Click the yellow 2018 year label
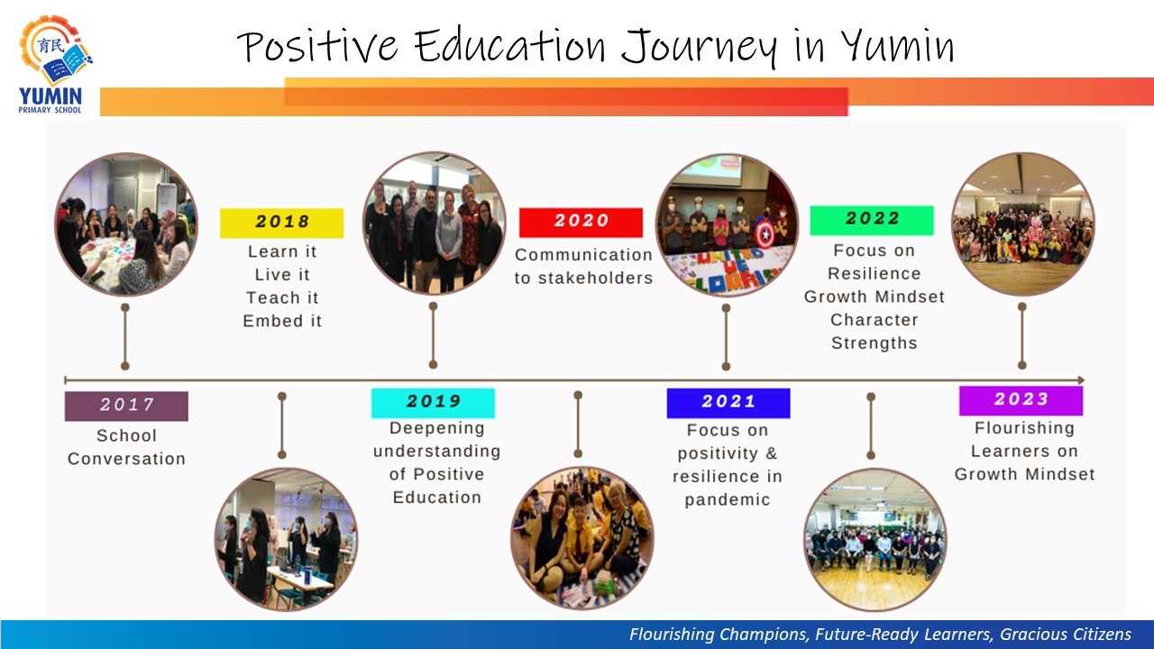tap(282, 223)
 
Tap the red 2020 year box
tap(582, 223)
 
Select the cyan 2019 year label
tap(433, 403)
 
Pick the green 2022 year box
tap(872, 221)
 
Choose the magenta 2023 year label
tap(1021, 401)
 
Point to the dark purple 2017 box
tap(126, 406)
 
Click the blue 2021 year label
tap(728, 403)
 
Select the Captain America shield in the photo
tap(765, 235)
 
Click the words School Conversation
tap(127, 447)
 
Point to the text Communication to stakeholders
tap(583, 266)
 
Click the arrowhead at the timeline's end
tap(1081, 380)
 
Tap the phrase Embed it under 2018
tap(282, 321)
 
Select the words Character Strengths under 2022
tap(875, 331)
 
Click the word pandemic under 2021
tap(728, 500)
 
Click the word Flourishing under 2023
tap(1024, 428)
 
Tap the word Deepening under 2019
tap(437, 428)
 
